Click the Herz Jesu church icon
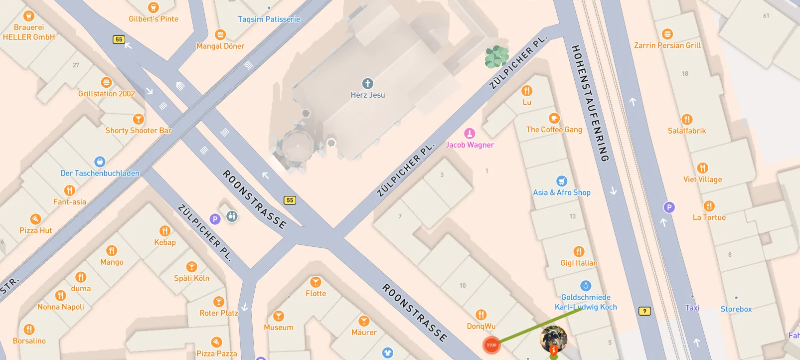(x=367, y=83)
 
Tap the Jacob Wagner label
(x=470, y=145)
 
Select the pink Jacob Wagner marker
(x=470, y=133)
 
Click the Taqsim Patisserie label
(x=269, y=19)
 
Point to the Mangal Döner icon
(x=220, y=34)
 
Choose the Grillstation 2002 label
(x=106, y=94)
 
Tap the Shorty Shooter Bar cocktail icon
(x=138, y=119)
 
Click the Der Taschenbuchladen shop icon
(x=100, y=162)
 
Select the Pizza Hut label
(x=35, y=230)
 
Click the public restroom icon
(x=232, y=216)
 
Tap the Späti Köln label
(x=191, y=278)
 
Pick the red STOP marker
(x=491, y=345)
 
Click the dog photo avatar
(x=553, y=339)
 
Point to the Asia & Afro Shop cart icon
(x=562, y=181)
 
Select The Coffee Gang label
(x=554, y=130)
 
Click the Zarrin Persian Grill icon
(x=667, y=34)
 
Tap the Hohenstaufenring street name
(x=590, y=103)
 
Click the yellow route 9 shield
(x=644, y=311)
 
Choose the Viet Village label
(x=702, y=180)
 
